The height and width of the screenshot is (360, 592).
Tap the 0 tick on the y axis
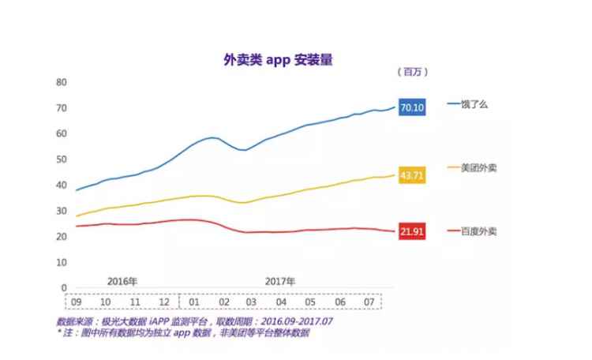point(63,288)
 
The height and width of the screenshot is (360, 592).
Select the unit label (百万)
point(411,72)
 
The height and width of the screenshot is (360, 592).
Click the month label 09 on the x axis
point(77,302)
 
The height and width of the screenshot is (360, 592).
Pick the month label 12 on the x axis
point(164,302)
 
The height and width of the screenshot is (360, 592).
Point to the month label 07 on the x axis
point(369,302)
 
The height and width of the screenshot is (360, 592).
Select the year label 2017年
point(279,281)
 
